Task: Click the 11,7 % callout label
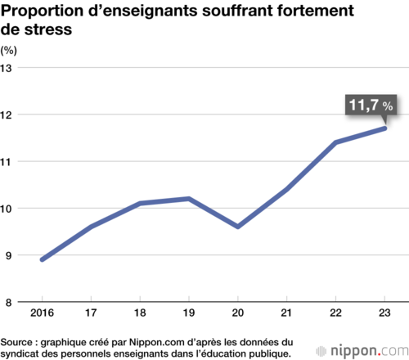(x=371, y=105)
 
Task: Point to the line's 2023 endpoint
(x=384, y=128)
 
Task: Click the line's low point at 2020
(x=238, y=227)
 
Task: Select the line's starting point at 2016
(x=43, y=259)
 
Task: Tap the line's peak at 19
(x=189, y=199)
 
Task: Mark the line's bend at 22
(x=335, y=142)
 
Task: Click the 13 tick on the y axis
(x=6, y=68)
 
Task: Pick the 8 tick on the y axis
(x=9, y=303)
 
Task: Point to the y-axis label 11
(x=6, y=162)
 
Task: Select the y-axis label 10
(x=6, y=209)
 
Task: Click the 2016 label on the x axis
(x=42, y=313)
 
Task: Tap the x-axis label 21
(x=286, y=313)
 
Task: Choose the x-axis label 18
(x=140, y=313)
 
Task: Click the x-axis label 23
(x=384, y=313)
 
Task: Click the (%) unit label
(x=8, y=51)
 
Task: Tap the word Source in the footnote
(x=16, y=342)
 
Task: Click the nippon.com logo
(x=362, y=351)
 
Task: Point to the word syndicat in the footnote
(x=20, y=354)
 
